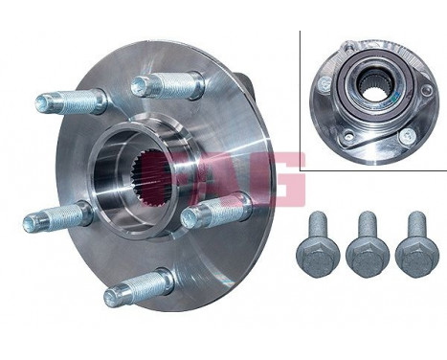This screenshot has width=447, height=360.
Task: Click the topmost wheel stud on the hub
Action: [168, 87]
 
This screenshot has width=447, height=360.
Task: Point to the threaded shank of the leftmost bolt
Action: [316, 224]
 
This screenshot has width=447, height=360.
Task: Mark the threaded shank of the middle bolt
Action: [366, 224]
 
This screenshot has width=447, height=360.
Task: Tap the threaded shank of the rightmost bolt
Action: [415, 224]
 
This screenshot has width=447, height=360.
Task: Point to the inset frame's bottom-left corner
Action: [301, 169]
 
